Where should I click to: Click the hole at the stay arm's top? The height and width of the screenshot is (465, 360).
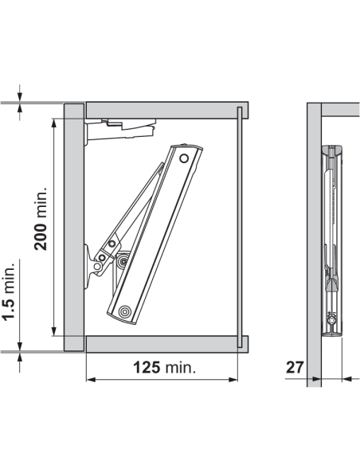tap(185, 159)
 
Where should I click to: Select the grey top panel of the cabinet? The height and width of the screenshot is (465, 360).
tap(163, 110)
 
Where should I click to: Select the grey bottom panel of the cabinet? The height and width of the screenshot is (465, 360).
tap(163, 343)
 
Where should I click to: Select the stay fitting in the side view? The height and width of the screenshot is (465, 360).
tap(334, 239)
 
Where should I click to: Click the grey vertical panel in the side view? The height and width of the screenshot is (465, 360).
tap(314, 239)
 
